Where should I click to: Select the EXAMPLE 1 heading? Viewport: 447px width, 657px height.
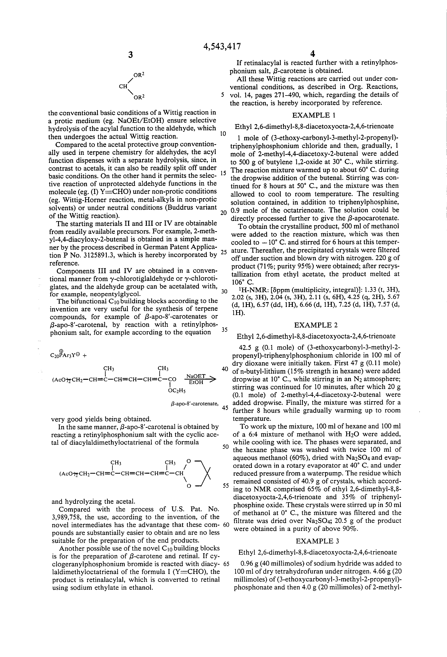click(x=315, y=115)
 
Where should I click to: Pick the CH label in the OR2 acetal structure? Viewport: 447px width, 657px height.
click(x=123, y=87)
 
